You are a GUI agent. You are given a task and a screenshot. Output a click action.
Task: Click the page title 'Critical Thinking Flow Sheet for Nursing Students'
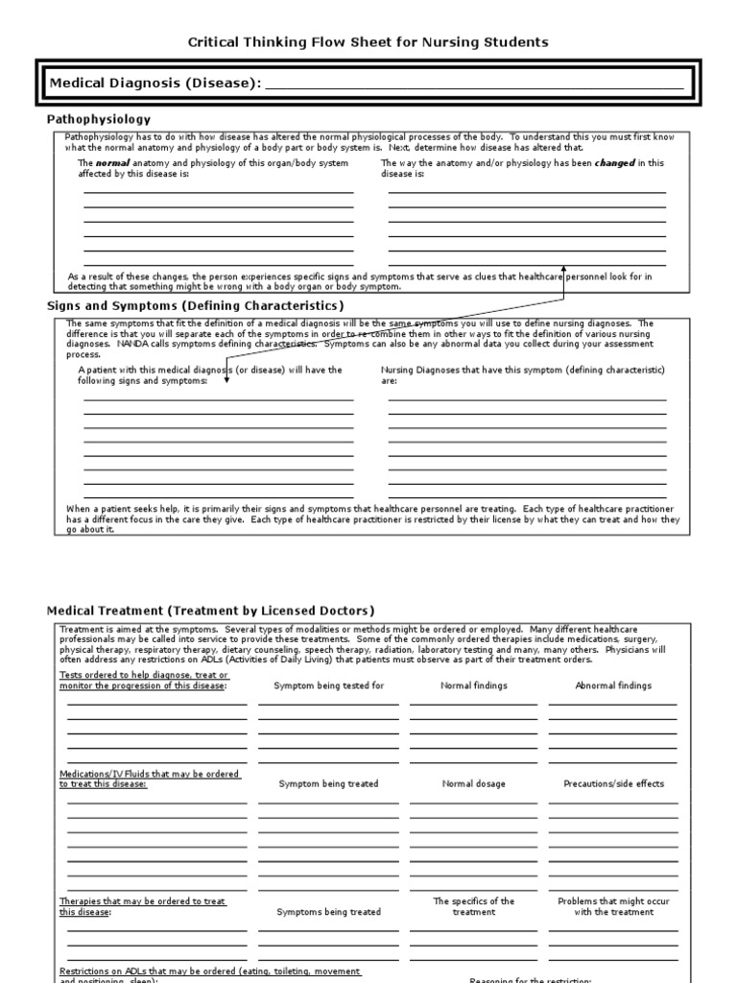pyautogui.click(x=368, y=42)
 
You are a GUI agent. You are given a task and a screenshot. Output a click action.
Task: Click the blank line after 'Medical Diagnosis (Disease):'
pyautogui.click(x=474, y=85)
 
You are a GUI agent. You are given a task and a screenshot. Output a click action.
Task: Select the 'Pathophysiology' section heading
pyautogui.click(x=99, y=119)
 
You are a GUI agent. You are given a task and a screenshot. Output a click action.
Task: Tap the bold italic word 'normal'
pyautogui.click(x=111, y=163)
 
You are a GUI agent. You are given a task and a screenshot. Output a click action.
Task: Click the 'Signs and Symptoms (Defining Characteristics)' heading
pyautogui.click(x=195, y=305)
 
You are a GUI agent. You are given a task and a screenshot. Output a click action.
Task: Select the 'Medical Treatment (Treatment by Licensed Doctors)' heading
pyautogui.click(x=211, y=611)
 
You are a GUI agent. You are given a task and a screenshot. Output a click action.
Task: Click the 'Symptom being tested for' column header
pyautogui.click(x=328, y=686)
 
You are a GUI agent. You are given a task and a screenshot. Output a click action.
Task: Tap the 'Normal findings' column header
pyautogui.click(x=474, y=686)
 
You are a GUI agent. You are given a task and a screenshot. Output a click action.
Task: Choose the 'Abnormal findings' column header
pyautogui.click(x=613, y=686)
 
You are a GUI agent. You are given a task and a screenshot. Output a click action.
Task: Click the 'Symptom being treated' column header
pyautogui.click(x=328, y=784)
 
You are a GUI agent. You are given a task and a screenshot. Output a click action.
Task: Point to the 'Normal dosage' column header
pyautogui.click(x=474, y=784)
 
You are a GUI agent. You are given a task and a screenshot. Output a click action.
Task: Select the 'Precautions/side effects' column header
pyautogui.click(x=613, y=784)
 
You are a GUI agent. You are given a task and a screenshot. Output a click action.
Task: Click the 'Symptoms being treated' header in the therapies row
pyautogui.click(x=328, y=912)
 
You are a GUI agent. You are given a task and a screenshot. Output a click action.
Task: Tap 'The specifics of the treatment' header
pyautogui.click(x=474, y=907)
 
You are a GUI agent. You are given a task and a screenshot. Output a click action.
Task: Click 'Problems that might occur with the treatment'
pyautogui.click(x=613, y=907)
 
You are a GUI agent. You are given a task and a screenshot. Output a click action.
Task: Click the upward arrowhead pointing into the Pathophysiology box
pyautogui.click(x=564, y=271)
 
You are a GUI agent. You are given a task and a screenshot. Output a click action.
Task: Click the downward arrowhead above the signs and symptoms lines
pyautogui.click(x=226, y=378)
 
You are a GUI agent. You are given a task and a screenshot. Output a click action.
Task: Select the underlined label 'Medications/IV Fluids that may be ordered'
pyautogui.click(x=150, y=774)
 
